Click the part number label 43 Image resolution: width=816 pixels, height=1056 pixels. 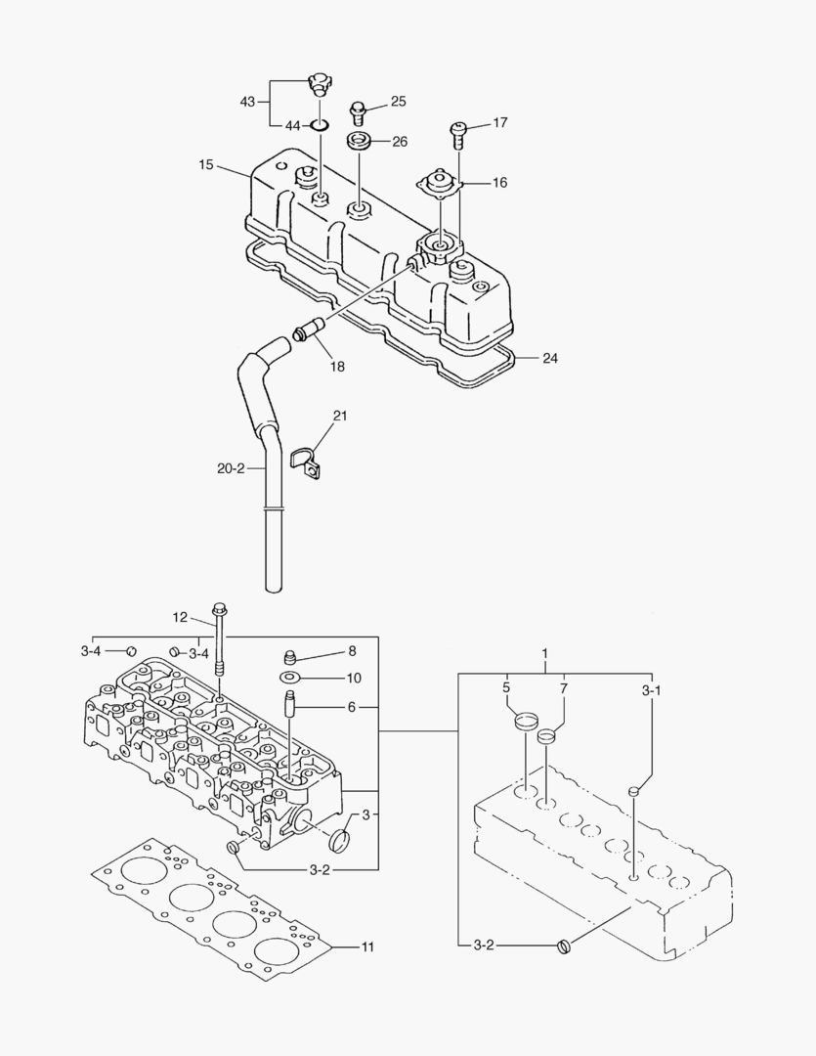pyautogui.click(x=247, y=102)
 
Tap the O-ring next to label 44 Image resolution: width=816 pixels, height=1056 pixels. pyautogui.click(x=320, y=125)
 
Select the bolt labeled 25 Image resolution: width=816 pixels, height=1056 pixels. pyautogui.click(x=358, y=107)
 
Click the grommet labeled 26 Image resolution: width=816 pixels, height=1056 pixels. pyautogui.click(x=359, y=140)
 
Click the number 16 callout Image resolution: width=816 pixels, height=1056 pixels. pyautogui.click(x=499, y=182)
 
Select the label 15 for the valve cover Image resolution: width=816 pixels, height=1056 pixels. pyautogui.click(x=205, y=165)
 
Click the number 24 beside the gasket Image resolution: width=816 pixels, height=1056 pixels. pyautogui.click(x=550, y=359)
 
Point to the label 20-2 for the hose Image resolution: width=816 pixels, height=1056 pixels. pyautogui.click(x=231, y=468)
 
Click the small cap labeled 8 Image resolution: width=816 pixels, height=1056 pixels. pyautogui.click(x=289, y=656)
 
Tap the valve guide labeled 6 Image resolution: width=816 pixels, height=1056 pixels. pyautogui.click(x=289, y=705)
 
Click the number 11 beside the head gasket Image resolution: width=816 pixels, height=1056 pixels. pyautogui.click(x=367, y=946)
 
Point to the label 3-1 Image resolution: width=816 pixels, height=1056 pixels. pyautogui.click(x=651, y=690)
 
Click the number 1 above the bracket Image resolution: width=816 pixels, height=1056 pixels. pyautogui.click(x=545, y=652)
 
